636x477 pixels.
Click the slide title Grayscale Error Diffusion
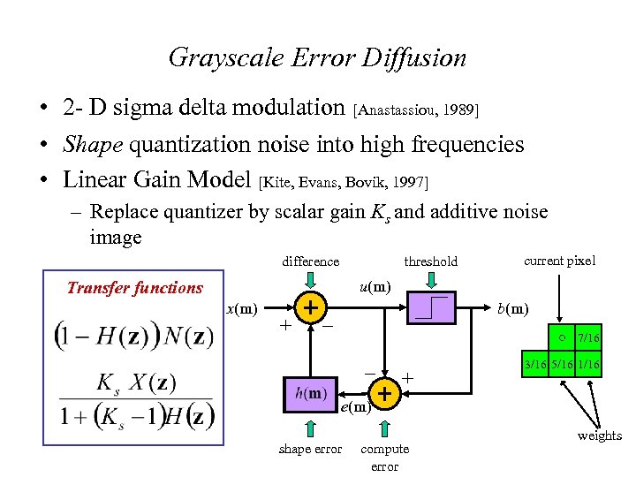(317, 58)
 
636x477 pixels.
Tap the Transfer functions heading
(135, 287)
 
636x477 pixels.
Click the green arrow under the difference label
(310, 279)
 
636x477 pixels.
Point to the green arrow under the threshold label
(430, 279)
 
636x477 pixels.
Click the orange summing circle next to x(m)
(310, 307)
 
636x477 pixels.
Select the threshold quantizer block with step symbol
(431, 308)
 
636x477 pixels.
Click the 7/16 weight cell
(588, 338)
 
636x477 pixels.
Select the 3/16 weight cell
(535, 365)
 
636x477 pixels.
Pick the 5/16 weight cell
(562, 365)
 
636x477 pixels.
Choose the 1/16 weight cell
(588, 365)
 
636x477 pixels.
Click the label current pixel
(559, 260)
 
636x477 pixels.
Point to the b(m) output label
(512, 308)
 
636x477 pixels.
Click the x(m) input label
(242, 308)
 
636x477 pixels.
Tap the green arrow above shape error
(310, 428)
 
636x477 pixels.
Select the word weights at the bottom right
(600, 435)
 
